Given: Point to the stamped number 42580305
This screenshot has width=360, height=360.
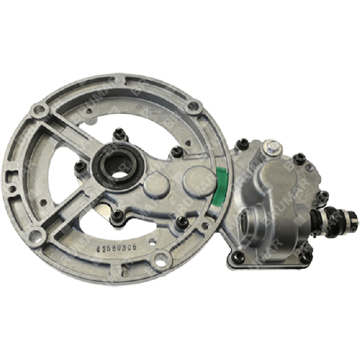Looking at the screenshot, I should [119, 246].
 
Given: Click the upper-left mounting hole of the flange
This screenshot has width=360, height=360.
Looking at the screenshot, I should [40, 111].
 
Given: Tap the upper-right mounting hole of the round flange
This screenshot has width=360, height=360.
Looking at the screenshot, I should [192, 109].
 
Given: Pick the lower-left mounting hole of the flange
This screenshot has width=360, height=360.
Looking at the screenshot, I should [34, 236].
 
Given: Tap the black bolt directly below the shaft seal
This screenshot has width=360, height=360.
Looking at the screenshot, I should [118, 214].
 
